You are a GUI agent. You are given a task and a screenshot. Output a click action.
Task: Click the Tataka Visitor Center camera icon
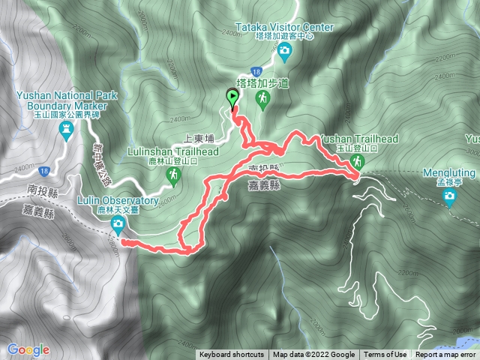[x=285, y=51]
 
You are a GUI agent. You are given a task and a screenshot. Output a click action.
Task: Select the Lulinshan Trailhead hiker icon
[x=174, y=175]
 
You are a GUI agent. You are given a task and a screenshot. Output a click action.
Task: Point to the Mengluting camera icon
[x=449, y=197]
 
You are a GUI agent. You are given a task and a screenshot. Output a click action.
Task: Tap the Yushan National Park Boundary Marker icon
[x=66, y=130]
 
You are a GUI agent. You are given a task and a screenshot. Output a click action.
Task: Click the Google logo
[x=28, y=349]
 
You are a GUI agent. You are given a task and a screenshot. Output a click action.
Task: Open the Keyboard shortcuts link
[x=232, y=355]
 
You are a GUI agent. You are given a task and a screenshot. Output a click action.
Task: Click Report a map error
[x=446, y=355]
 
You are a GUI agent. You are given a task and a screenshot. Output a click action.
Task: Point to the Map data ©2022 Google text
[x=313, y=355]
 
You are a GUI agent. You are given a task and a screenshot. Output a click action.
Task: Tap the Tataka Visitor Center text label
[x=284, y=26]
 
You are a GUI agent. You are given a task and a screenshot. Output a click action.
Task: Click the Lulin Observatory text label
[x=118, y=201]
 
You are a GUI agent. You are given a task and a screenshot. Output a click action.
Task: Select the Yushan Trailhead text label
[x=358, y=139]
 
